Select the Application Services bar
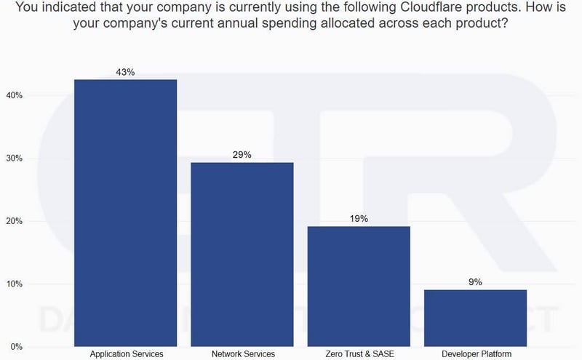[126, 212]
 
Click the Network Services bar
[242, 254]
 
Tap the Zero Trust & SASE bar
[359, 286]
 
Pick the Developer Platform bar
[475, 318]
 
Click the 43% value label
[126, 72]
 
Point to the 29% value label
[242, 155]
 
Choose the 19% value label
[359, 218]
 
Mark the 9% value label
[475, 282]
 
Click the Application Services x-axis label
[126, 354]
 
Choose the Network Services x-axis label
[242, 354]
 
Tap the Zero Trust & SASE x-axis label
[359, 354]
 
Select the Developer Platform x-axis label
[475, 354]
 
